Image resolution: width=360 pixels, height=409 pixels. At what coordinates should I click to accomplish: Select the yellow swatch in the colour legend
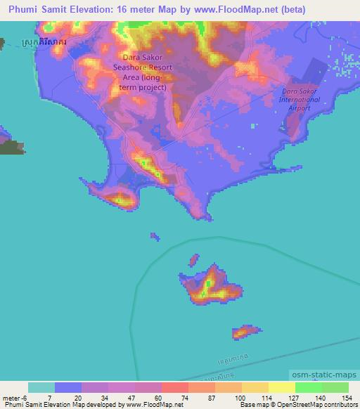pos(282,387)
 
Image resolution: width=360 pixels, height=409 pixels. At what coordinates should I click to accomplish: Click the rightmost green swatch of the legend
pos(335,387)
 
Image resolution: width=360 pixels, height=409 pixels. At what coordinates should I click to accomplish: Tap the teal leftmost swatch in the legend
pos(41,387)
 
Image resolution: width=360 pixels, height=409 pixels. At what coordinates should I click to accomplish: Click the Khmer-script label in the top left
pos(44,43)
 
